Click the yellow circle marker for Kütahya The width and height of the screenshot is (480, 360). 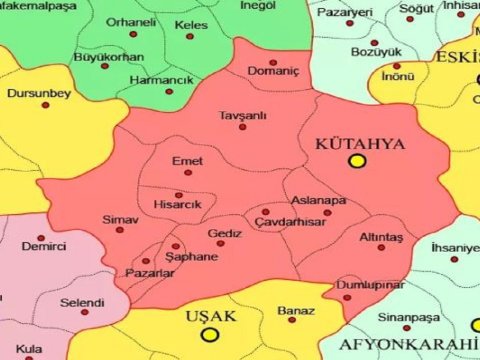pos(357,161)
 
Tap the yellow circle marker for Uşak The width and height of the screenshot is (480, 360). pos(209,335)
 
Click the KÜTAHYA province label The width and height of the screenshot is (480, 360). pos(360,144)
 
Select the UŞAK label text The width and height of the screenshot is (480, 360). pos(210,316)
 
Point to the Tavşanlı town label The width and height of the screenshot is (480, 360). pos(244,116)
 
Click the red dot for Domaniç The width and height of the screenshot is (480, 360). pos(273,62)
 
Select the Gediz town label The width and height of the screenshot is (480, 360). pos(225,232)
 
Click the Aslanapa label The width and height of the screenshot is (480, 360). pos(318,200)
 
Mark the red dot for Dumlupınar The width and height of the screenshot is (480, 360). pos(346,282)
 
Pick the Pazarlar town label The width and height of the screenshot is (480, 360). pos(150,273)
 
